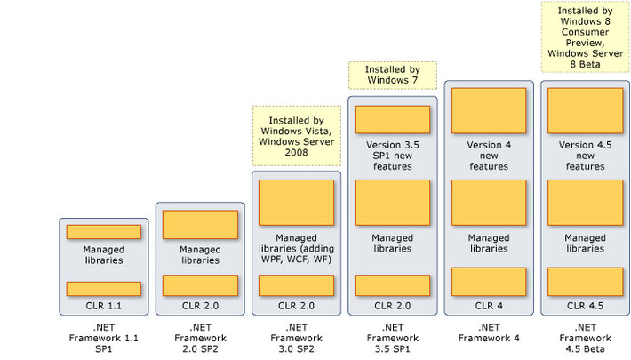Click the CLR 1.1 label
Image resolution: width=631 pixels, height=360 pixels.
click(x=103, y=305)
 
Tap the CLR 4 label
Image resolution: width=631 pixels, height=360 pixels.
click(x=489, y=305)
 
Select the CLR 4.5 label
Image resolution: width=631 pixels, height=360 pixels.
click(x=584, y=305)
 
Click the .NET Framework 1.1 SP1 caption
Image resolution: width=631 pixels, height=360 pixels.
click(x=103, y=338)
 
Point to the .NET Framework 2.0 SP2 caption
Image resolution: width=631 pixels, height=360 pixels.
click(x=200, y=338)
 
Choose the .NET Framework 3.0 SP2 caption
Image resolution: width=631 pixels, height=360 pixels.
click(x=296, y=338)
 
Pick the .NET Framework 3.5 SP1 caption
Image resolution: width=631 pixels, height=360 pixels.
click(x=392, y=338)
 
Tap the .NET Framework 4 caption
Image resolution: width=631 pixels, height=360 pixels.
click(x=489, y=332)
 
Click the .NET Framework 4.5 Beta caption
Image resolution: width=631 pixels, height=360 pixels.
click(x=584, y=338)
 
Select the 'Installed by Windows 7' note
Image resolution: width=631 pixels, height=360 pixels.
click(x=392, y=75)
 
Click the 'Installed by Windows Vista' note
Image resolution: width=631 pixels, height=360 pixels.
click(x=296, y=134)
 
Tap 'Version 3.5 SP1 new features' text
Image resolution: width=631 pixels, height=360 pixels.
click(x=392, y=155)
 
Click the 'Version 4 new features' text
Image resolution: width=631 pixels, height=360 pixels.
click(x=489, y=155)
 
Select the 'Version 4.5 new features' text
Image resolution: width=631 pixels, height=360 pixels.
click(x=584, y=155)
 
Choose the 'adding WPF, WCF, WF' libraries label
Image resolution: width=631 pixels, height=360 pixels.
click(x=296, y=249)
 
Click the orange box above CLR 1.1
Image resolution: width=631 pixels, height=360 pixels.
click(x=103, y=288)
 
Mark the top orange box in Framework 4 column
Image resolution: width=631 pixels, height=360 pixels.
click(x=489, y=110)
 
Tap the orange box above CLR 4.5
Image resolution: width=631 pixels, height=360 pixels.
click(x=584, y=281)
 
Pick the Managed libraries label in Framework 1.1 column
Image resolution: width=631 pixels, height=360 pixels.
click(x=103, y=254)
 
